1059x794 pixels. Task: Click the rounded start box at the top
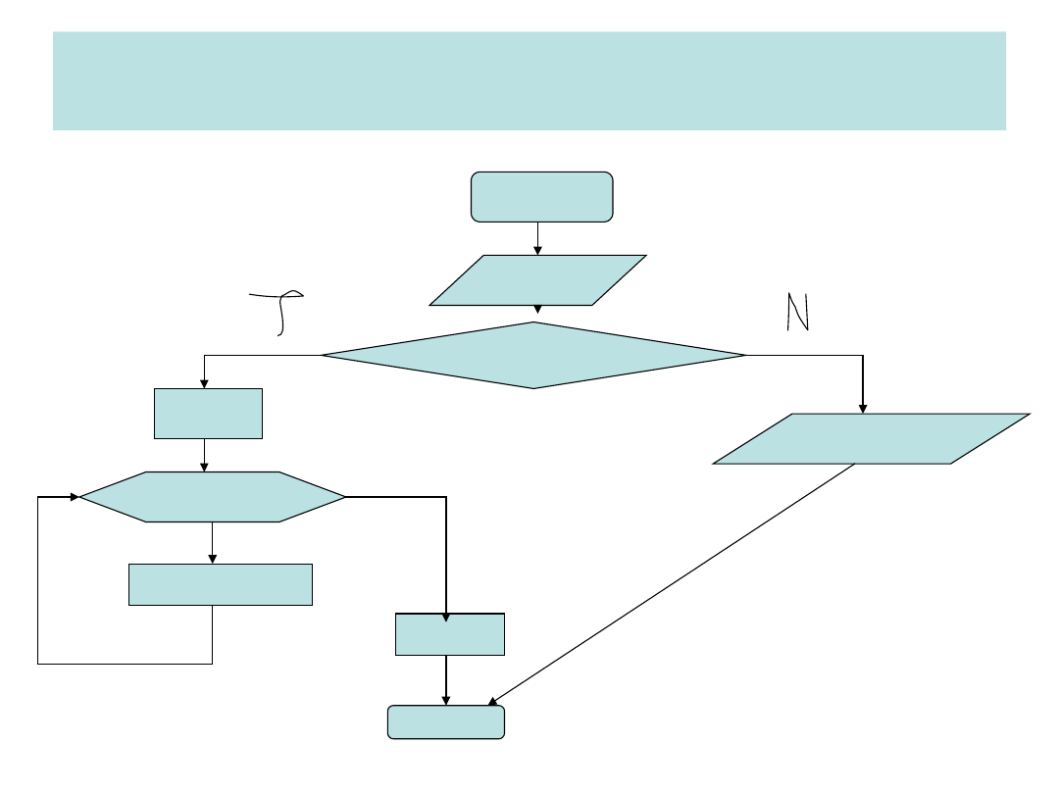click(541, 196)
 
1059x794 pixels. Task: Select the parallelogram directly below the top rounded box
click(537, 280)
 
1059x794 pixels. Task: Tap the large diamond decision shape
click(533, 355)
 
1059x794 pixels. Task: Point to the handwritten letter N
click(797, 313)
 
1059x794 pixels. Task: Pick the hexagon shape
click(212, 497)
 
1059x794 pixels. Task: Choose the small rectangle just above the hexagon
click(208, 414)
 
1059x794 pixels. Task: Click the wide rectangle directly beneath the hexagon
click(221, 584)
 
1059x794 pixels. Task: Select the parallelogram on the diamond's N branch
click(871, 438)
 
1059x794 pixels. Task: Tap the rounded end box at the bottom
click(446, 721)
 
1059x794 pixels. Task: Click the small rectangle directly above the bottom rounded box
click(449, 634)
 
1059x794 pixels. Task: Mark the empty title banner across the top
click(529, 80)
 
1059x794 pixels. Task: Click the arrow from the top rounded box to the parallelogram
click(537, 238)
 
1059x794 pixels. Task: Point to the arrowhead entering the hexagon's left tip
click(74, 497)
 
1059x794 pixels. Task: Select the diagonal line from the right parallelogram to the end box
click(672, 583)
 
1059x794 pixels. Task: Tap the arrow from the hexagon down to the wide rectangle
click(212, 542)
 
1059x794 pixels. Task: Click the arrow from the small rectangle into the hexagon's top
click(204, 455)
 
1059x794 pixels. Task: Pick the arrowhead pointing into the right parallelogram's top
click(863, 408)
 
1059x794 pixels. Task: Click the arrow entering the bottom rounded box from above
click(446, 680)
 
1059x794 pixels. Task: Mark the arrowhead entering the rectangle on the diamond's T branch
click(204, 383)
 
